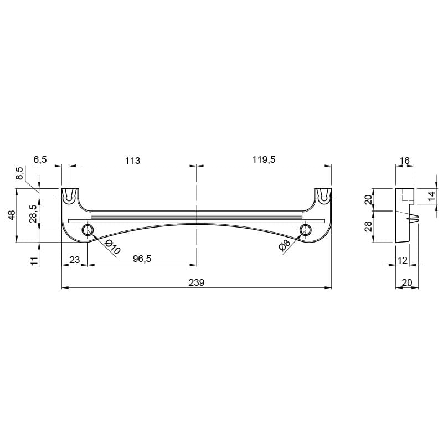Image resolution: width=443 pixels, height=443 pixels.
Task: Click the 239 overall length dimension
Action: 197,282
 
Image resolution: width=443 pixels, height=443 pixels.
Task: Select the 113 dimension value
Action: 132,161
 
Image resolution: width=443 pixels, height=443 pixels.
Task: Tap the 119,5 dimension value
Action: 264,159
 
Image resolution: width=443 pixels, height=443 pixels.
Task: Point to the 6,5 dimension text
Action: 40,159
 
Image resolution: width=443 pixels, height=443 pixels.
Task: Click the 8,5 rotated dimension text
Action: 20,173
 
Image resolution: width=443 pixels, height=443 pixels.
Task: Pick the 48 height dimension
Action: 12,215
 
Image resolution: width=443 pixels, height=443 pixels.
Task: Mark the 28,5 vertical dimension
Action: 33,214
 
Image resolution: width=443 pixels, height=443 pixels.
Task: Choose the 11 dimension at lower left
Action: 34,261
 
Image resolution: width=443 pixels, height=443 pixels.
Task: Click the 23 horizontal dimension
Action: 75,260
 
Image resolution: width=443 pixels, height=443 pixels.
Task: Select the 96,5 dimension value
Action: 142,259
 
